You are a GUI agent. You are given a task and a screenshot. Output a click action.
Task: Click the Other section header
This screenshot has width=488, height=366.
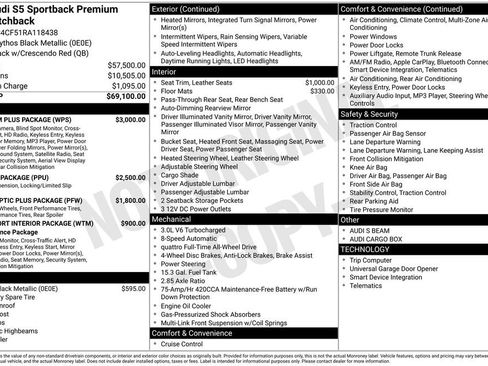pyautogui.click(x=351, y=219)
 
